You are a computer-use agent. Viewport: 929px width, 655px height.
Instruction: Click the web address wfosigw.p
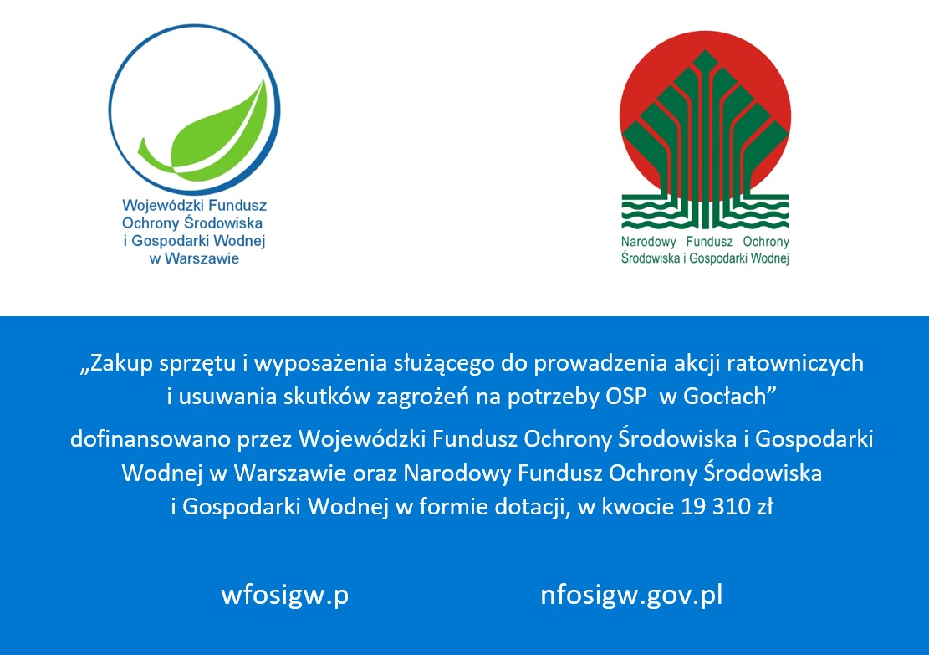[284, 596]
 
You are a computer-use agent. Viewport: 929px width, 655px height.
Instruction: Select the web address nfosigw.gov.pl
[631, 596]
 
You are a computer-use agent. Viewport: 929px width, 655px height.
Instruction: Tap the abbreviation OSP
[625, 397]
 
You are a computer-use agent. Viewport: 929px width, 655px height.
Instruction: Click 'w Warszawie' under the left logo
[194, 258]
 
